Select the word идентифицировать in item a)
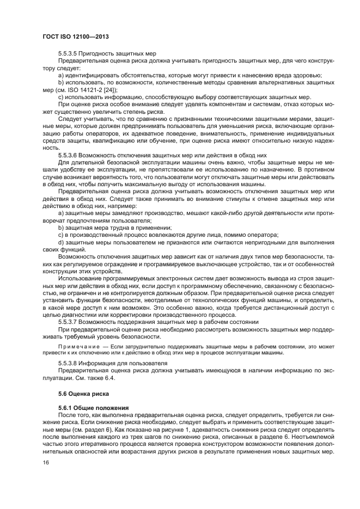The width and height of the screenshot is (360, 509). [x=93, y=75]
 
